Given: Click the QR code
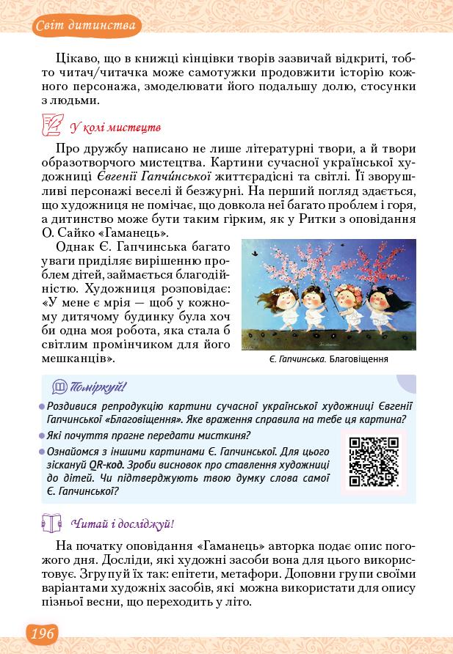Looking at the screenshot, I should (x=373, y=461).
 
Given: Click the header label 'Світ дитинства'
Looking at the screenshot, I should (x=86, y=27).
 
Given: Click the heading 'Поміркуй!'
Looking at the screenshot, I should (x=100, y=386).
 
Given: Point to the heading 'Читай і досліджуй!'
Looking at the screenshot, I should (x=122, y=523).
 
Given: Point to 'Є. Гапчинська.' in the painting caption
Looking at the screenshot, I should (x=299, y=361).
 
